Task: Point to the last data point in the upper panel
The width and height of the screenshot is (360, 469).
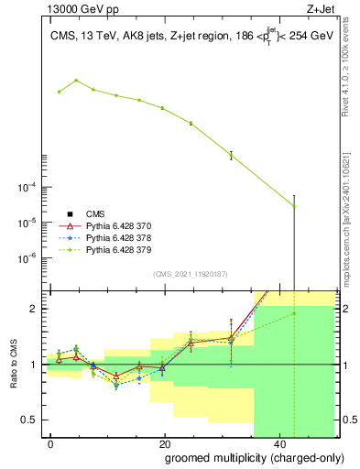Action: (x=294, y=206)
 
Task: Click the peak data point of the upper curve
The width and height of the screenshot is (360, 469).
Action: (x=76, y=81)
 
